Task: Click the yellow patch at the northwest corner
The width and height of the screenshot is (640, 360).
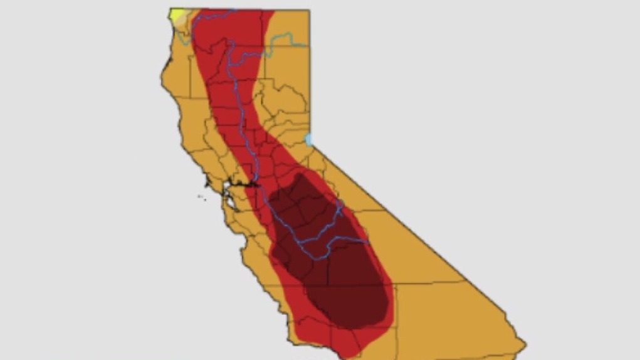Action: pos(177,14)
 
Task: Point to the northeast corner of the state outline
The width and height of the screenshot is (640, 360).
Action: pos(309,10)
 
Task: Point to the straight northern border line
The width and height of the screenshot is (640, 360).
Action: pos(251,10)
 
